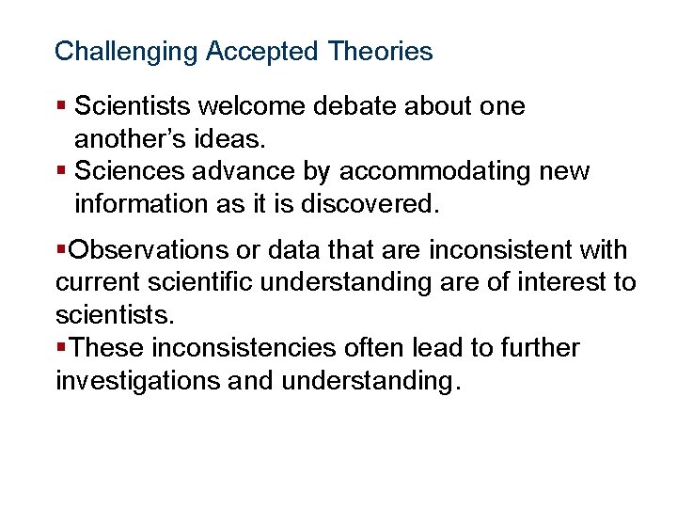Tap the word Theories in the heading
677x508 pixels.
(x=381, y=51)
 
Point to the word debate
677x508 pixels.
(x=354, y=106)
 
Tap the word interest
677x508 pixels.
(x=561, y=283)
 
